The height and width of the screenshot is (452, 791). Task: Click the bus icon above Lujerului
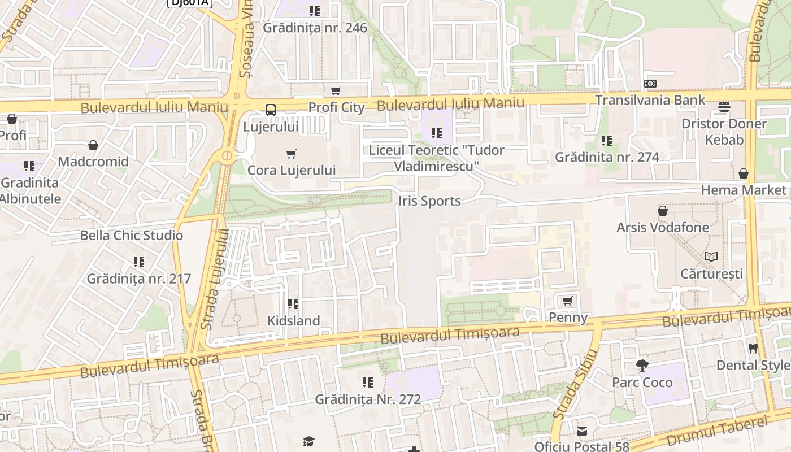[x=271, y=110]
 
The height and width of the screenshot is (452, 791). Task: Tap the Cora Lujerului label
[x=292, y=170]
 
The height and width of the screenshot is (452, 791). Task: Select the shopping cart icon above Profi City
[x=336, y=90]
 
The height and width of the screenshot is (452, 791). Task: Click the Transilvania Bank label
[x=650, y=100]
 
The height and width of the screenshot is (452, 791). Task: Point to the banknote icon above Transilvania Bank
[x=650, y=84]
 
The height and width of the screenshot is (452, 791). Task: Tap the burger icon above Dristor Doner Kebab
[x=724, y=107]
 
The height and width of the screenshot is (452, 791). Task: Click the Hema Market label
[x=744, y=190]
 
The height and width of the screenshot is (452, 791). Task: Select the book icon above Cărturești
[x=711, y=257]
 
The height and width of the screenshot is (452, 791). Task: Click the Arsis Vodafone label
[x=663, y=227]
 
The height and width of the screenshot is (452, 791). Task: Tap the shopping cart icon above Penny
[x=568, y=301]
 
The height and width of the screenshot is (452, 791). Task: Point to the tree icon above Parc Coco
[x=642, y=366]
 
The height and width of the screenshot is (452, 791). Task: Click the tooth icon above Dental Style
[x=753, y=348]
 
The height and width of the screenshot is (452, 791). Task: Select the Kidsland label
[x=293, y=320]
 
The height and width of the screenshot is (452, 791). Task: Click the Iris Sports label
[x=429, y=201]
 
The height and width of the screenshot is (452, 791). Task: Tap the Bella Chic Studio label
[x=132, y=235]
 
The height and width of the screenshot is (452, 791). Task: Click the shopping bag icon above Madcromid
[x=93, y=145]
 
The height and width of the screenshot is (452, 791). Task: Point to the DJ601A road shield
[x=189, y=3]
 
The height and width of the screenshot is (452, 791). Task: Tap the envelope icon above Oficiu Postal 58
[x=581, y=431]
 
